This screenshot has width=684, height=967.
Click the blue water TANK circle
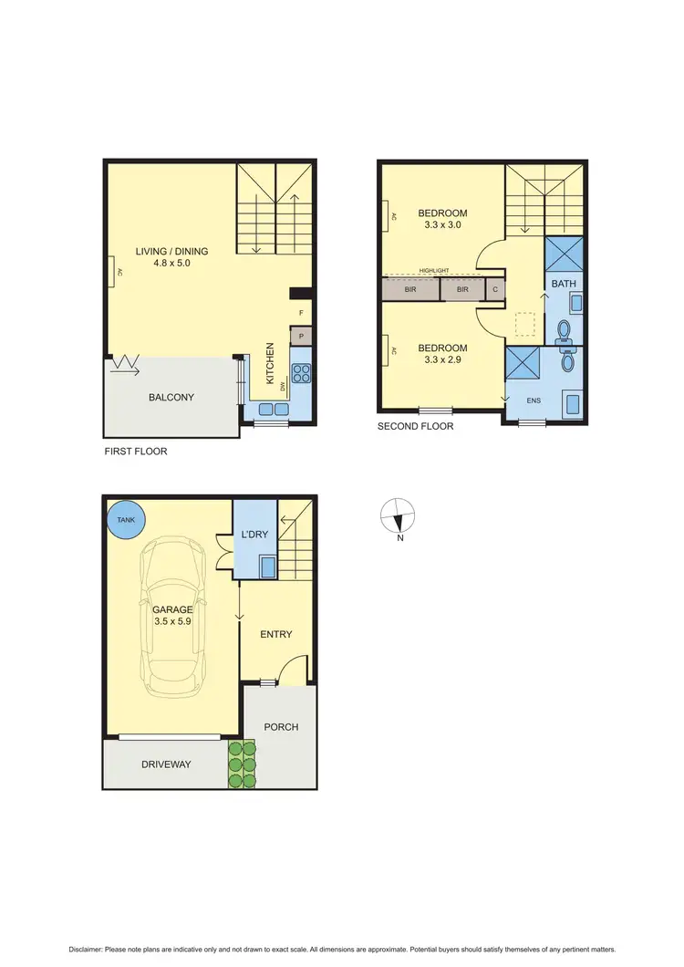point(125,520)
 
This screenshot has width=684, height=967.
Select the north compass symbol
point(397,516)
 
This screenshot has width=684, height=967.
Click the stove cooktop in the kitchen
point(300,372)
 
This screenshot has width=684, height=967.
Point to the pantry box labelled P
point(301,337)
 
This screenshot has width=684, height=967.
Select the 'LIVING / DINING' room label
point(172,252)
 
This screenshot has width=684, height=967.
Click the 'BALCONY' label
point(171,398)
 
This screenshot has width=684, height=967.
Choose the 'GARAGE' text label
point(171,610)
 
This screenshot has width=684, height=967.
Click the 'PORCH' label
point(281,727)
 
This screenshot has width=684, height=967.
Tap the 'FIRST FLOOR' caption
point(136,451)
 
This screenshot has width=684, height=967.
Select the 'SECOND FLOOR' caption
point(415,426)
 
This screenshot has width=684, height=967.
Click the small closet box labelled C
point(495,289)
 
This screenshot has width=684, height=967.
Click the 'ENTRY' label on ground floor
point(275,635)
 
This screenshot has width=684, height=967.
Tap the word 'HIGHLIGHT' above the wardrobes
point(435,271)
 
